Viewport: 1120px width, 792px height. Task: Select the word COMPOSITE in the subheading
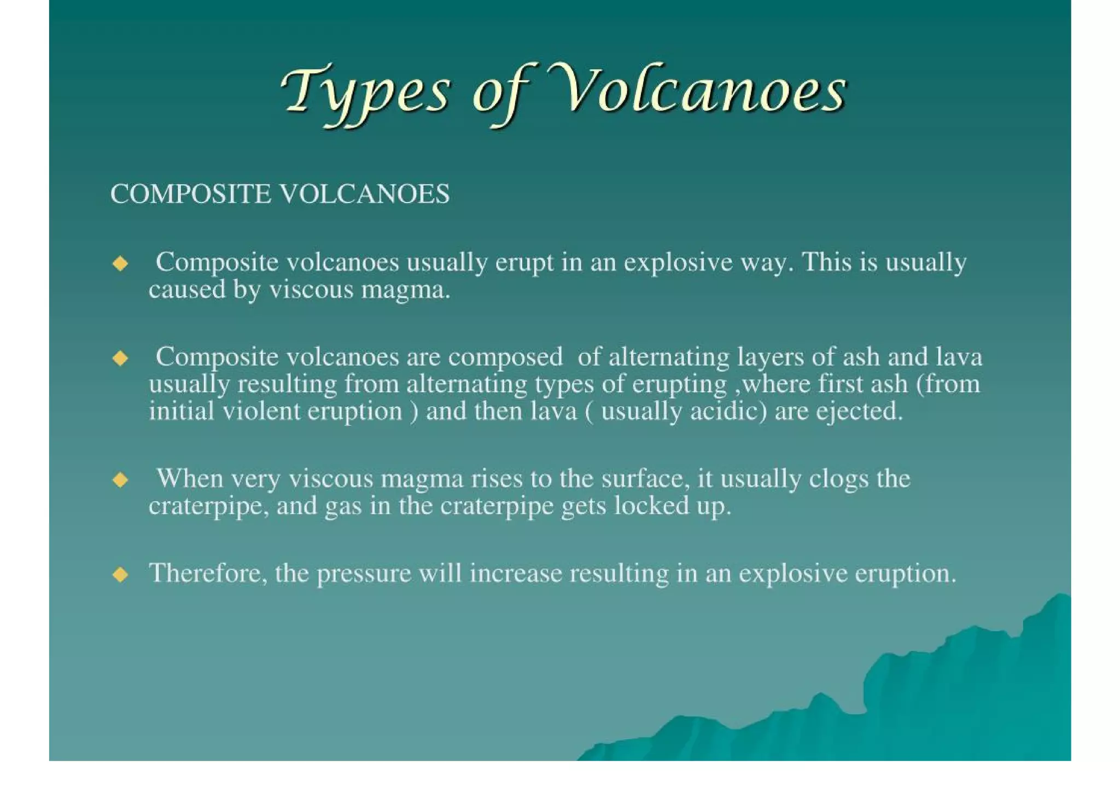[190, 194]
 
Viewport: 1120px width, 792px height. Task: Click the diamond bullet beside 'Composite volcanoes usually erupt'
[120, 264]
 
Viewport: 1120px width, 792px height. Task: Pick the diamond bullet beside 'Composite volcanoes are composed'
[120, 359]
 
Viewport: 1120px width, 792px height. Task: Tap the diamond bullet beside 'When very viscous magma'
[120, 481]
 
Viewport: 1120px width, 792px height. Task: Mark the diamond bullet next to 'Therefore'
[120, 575]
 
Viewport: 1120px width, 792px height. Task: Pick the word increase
[516, 574]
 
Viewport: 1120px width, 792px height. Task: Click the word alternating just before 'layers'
[669, 357]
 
